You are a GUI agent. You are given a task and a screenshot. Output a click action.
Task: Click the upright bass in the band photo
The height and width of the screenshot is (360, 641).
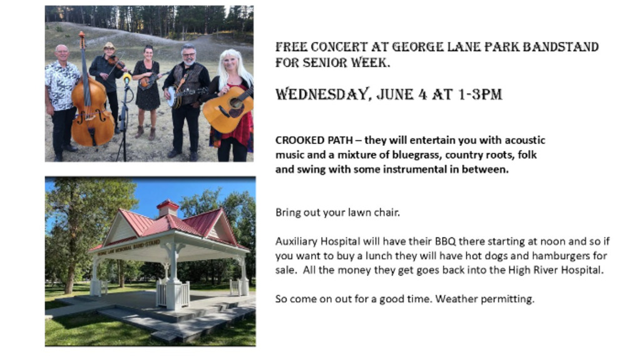coord(92,110)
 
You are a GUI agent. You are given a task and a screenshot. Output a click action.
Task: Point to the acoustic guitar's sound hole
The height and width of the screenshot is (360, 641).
coord(236,103)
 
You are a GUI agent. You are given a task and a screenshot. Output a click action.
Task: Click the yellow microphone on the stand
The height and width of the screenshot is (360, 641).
coord(127,77)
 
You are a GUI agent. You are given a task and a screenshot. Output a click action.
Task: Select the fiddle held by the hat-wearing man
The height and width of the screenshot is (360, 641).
coord(117,63)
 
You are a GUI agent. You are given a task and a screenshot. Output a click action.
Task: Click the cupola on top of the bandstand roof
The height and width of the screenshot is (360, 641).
coord(168,208)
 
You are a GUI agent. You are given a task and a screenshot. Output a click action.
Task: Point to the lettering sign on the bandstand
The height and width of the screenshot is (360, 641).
coord(128,248)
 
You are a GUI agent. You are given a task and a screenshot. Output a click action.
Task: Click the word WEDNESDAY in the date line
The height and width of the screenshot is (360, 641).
coord(322,95)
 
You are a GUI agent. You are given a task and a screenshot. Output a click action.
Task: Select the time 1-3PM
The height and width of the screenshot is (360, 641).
coord(479,95)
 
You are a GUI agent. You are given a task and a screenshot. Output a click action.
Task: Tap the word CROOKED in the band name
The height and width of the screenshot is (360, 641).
coord(294,140)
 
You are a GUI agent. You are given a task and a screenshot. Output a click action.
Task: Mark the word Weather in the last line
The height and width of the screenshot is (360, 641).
coord(456,299)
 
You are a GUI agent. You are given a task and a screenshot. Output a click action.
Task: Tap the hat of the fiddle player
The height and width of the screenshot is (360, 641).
coord(109,46)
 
